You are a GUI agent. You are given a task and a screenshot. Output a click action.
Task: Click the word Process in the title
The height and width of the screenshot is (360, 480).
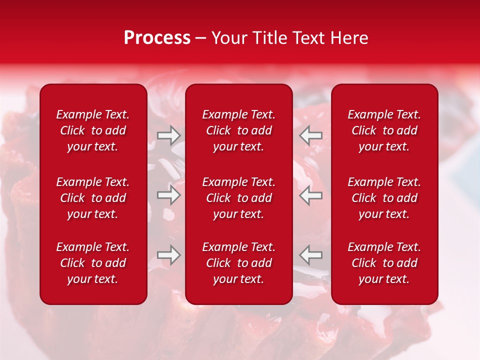(157, 38)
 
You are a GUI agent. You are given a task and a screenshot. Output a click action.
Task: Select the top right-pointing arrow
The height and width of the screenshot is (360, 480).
(168, 135)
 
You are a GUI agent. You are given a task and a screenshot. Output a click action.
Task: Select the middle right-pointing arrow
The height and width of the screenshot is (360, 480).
(168, 195)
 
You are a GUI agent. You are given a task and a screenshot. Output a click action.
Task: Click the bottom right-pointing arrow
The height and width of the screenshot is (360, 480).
(168, 255)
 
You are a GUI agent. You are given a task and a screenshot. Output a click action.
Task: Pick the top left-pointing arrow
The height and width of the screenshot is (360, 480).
(311, 135)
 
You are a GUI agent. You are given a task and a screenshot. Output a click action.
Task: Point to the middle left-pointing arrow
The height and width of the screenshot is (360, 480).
(311, 195)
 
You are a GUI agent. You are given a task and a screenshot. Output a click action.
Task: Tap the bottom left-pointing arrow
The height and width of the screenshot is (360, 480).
(311, 255)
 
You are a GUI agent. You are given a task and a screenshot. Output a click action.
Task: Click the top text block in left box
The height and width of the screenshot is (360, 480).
(93, 130)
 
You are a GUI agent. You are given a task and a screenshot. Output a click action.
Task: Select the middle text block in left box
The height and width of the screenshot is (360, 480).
(93, 198)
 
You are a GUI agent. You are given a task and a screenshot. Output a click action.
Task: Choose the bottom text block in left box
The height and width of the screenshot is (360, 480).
(93, 263)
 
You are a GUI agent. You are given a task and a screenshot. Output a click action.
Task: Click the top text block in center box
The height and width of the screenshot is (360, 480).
(239, 130)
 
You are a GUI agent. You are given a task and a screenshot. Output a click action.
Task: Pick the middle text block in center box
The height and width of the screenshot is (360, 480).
(239, 198)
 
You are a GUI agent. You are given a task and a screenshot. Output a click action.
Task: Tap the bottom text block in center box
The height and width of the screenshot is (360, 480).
(239, 263)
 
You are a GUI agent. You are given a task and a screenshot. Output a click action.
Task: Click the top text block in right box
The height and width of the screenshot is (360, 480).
(384, 130)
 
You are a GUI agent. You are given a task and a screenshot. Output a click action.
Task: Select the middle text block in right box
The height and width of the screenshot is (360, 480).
(384, 198)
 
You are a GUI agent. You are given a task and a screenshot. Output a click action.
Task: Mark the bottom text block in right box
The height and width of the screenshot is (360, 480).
(384, 263)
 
